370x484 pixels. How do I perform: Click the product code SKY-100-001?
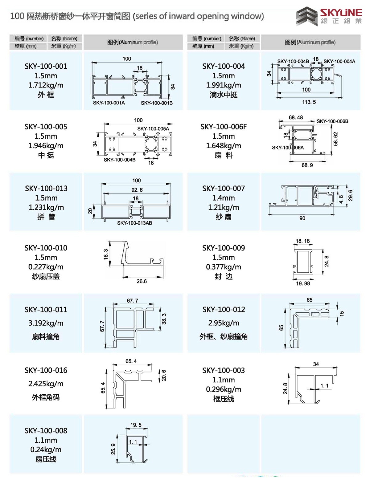tap(46, 66)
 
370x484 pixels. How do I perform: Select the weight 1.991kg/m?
tap(224, 85)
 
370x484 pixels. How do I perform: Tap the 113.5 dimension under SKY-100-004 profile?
tap(309, 102)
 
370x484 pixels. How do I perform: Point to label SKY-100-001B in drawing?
tap(157, 103)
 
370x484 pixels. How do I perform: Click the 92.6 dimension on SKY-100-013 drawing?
tap(137, 190)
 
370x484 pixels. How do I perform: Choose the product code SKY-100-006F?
tap(224, 127)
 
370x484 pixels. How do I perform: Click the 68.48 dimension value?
tap(296, 117)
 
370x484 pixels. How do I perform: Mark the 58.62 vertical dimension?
tap(336, 139)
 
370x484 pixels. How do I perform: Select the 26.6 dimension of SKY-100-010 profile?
tap(142, 281)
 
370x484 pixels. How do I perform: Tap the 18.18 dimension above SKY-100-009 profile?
tap(302, 241)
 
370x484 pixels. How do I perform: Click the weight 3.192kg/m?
tap(46, 323)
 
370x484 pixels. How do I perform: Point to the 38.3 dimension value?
tap(164, 319)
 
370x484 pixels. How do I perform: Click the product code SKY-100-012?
tap(224, 310)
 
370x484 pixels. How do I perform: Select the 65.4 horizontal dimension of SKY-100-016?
tap(131, 361)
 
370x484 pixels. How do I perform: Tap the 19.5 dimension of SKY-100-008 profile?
tap(136, 425)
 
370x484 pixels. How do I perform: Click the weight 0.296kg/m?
tap(224, 389)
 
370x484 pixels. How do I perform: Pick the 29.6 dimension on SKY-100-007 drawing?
tap(350, 195)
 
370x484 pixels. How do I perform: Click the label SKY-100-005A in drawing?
tap(153, 129)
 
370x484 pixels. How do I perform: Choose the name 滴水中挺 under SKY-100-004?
tap(224, 95)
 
